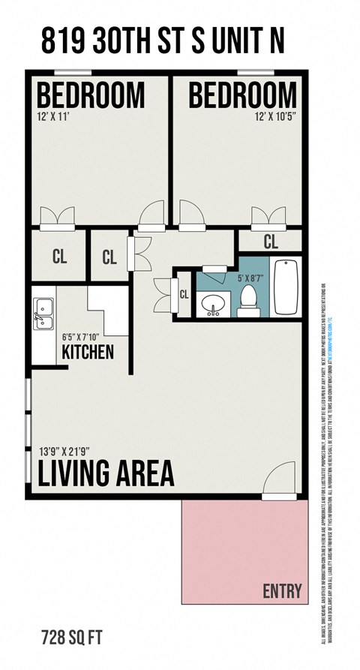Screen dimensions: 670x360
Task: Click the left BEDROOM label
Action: [x=91, y=95]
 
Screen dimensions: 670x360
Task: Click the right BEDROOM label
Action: [x=242, y=95]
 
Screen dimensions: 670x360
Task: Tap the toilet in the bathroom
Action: [x=248, y=299]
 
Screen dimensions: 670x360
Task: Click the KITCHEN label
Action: [x=88, y=351]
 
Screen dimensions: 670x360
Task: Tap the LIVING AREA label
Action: [x=106, y=473]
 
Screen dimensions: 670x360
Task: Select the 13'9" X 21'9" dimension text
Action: [x=74, y=452]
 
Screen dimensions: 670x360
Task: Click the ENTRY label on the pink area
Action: [x=282, y=590]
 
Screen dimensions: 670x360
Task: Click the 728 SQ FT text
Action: [x=71, y=638]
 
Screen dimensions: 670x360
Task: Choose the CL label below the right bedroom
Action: [x=271, y=242]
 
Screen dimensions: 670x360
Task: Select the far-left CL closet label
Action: [x=60, y=257]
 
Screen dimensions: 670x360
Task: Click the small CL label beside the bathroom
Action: [x=184, y=294]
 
